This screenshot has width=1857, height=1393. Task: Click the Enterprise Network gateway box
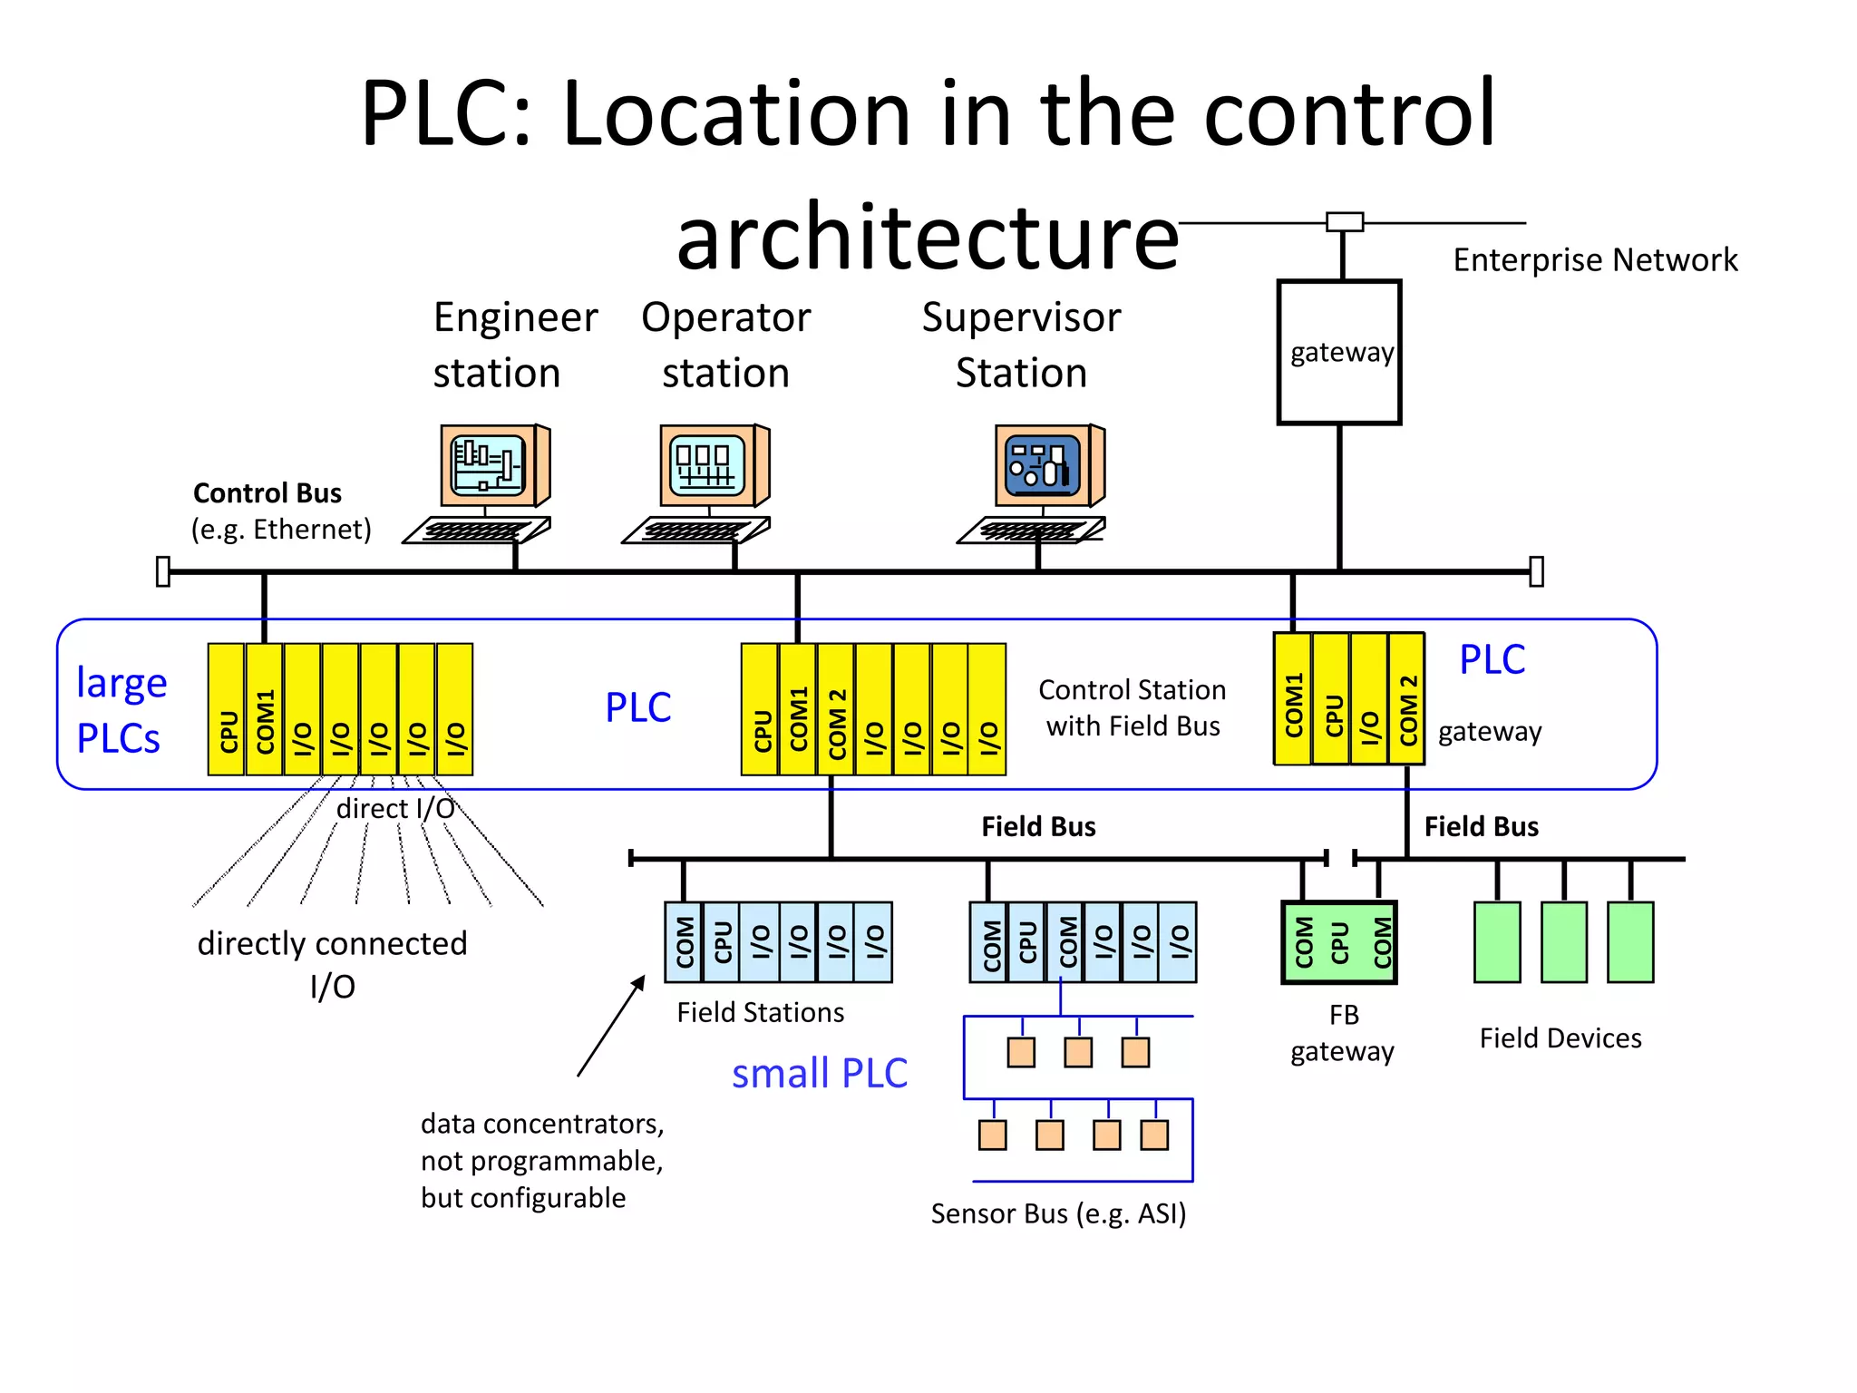coord(1339,352)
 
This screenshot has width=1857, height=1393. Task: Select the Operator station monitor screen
coord(708,465)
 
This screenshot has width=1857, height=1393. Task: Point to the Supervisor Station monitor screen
coord(1044,465)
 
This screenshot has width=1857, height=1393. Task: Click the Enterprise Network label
coord(1595,260)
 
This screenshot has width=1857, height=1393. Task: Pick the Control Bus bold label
coord(267,493)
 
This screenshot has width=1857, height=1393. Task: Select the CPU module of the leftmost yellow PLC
coord(227,709)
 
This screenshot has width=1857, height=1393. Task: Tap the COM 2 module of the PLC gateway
coord(1407,698)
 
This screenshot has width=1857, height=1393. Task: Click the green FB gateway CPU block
coord(1339,942)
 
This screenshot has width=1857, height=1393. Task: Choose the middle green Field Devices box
coord(1563,942)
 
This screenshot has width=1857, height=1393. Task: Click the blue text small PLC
coord(820,1074)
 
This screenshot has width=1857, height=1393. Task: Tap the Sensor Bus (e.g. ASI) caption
coord(1058,1213)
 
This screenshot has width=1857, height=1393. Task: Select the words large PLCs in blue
coord(121,710)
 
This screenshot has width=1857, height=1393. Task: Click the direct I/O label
coord(395,808)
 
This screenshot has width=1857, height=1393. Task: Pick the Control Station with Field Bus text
coord(1132,708)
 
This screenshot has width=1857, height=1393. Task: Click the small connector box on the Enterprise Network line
coord(1344,222)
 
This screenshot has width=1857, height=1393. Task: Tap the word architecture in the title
coord(927,238)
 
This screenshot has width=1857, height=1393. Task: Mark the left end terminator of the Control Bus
coord(163,571)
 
